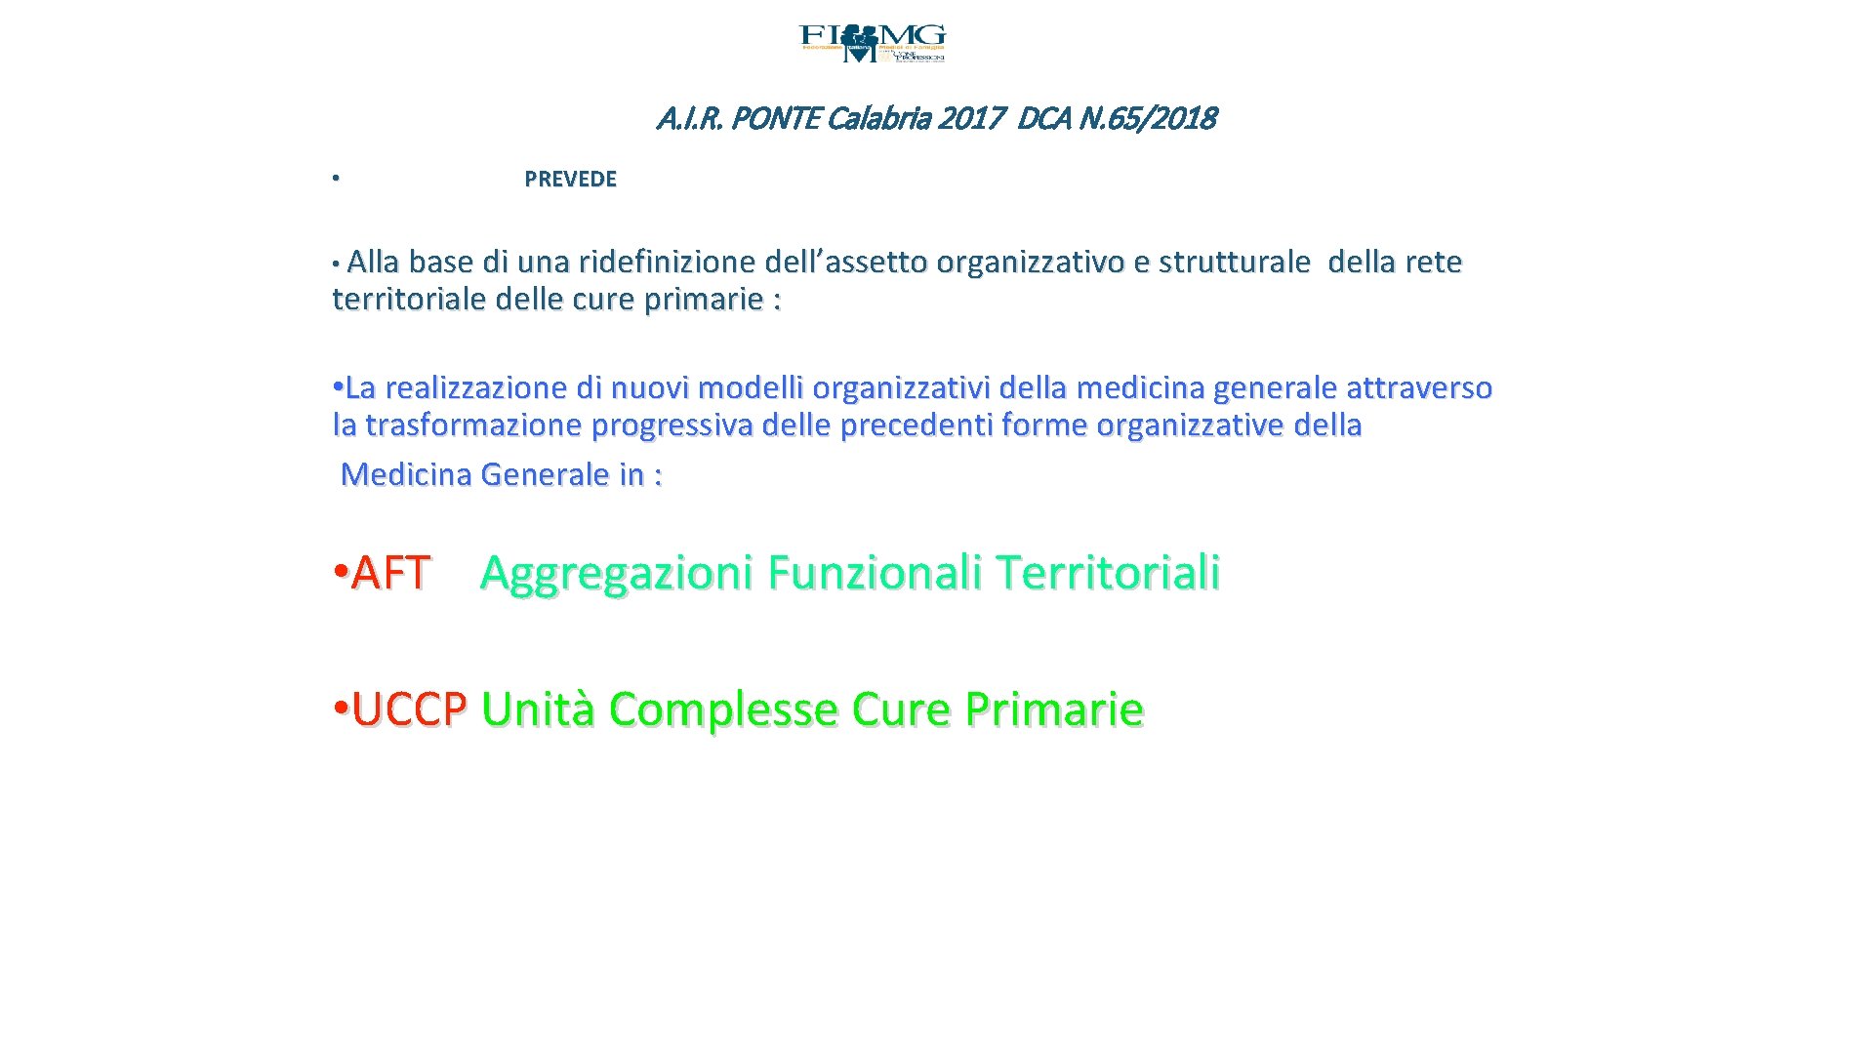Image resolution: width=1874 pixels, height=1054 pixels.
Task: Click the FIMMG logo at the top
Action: point(872,44)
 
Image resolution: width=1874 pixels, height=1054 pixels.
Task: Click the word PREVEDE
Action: point(570,180)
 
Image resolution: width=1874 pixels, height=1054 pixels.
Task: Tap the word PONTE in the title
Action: point(775,119)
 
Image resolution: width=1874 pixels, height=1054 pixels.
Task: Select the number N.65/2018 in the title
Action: point(1147,119)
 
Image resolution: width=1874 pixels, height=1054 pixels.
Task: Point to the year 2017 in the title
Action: point(971,119)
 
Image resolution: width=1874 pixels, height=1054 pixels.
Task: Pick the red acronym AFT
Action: point(390,573)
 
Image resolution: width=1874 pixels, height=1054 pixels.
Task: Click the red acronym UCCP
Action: point(409,709)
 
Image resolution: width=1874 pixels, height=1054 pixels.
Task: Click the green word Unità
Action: point(538,709)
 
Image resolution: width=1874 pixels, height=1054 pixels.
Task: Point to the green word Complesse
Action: point(723,709)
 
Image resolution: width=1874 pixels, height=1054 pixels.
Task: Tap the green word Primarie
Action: point(1054,709)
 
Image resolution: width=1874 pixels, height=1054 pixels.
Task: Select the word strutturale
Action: point(1234,263)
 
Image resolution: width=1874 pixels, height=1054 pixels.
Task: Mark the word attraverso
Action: point(1419,388)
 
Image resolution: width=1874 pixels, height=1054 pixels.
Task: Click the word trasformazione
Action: point(473,426)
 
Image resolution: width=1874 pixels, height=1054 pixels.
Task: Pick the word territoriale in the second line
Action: point(410,300)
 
